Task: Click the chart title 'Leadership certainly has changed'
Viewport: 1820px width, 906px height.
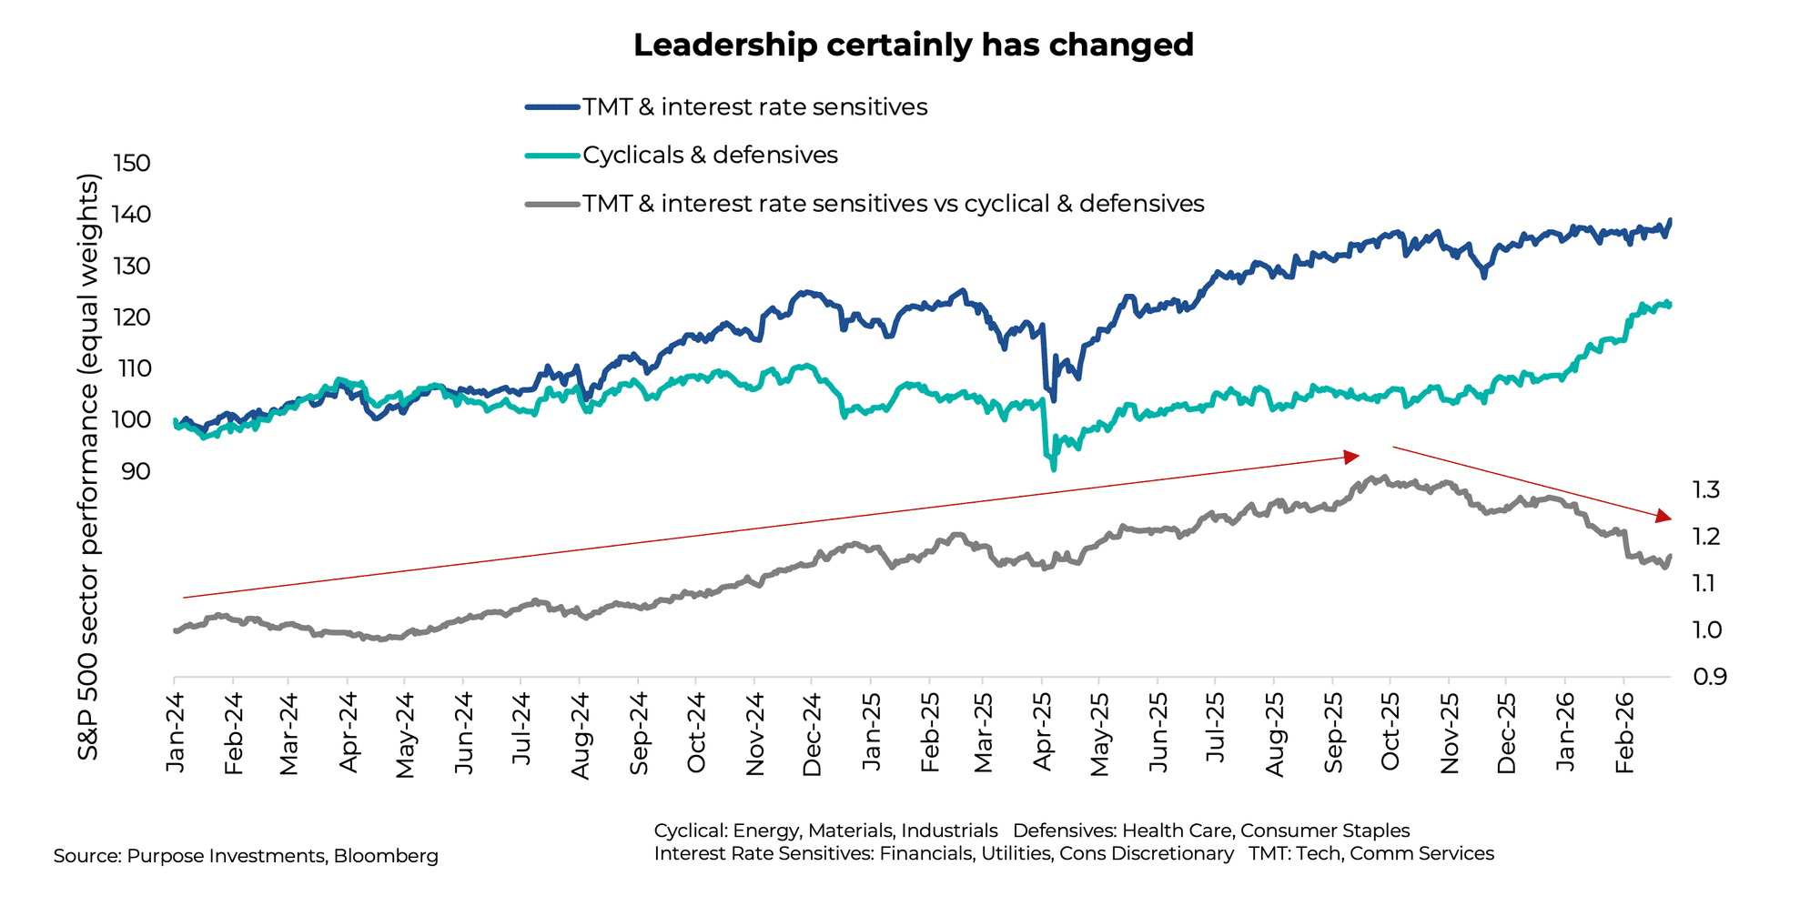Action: (x=913, y=45)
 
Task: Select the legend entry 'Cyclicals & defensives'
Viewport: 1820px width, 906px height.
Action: (x=710, y=156)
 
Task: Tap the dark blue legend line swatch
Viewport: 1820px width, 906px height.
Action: (x=552, y=107)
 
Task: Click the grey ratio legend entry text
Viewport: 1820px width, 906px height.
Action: (x=893, y=204)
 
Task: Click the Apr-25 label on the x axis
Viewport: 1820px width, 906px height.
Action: (x=1043, y=731)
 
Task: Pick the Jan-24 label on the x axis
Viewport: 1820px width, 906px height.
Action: (x=175, y=731)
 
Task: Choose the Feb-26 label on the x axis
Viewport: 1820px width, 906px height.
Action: (x=1623, y=731)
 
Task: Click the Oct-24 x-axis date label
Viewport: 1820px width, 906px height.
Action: (x=696, y=731)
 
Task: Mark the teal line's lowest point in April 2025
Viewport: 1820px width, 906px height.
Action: (x=1053, y=468)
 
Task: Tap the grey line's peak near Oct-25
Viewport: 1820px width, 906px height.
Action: (x=1383, y=477)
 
